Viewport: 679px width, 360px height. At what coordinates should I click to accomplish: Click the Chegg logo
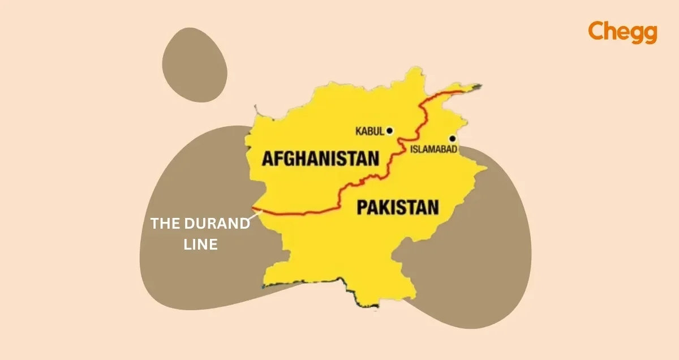click(622, 32)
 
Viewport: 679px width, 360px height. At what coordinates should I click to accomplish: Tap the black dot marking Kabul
click(389, 131)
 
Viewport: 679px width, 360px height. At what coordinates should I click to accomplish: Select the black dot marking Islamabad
click(452, 139)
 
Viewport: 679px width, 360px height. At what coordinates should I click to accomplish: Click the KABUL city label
click(370, 131)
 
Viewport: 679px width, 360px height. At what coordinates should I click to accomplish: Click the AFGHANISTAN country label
click(320, 158)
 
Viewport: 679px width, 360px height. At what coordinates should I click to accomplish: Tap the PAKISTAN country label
click(398, 207)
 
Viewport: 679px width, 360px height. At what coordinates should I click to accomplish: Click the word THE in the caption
click(164, 224)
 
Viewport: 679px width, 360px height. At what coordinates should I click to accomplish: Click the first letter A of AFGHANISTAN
click(268, 158)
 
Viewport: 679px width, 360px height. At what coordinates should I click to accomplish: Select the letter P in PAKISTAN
click(362, 207)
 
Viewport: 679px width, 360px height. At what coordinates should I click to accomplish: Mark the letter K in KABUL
click(358, 131)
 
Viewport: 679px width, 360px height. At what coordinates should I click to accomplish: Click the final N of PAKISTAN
click(433, 207)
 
